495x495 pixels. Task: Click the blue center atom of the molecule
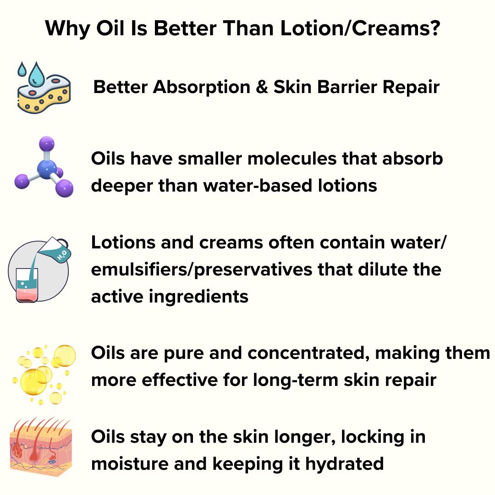click(x=47, y=169)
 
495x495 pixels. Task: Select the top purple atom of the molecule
click(x=47, y=144)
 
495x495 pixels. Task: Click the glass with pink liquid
click(x=27, y=285)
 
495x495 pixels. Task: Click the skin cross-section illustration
click(x=41, y=447)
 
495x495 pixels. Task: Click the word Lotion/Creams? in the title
click(x=360, y=28)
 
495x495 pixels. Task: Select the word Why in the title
click(x=68, y=29)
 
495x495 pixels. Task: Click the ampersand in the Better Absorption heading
click(x=262, y=87)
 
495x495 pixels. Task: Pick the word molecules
click(x=292, y=158)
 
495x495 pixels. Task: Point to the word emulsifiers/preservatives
click(x=202, y=270)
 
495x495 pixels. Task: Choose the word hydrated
click(x=344, y=464)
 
